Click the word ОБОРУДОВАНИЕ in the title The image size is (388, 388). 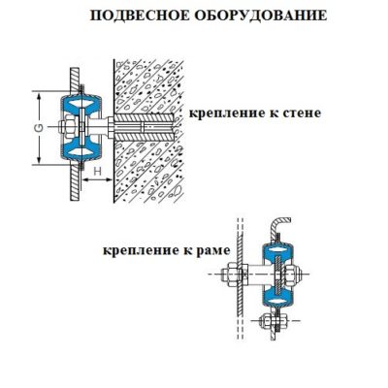(261, 16)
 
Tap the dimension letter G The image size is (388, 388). (39, 128)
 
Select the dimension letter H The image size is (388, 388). (97, 172)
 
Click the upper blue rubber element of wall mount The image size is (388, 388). (81, 105)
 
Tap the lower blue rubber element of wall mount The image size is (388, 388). (81, 150)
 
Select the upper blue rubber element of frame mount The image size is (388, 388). (278, 251)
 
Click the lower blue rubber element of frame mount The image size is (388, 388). (278, 296)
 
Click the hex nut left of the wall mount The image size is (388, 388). (66, 127)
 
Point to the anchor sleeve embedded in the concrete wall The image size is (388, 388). (145, 127)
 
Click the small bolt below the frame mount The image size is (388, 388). (275, 320)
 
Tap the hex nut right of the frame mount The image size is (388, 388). (291, 274)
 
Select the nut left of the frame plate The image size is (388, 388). (230, 275)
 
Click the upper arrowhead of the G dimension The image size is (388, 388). (39, 96)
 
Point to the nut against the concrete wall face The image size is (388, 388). (111, 127)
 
